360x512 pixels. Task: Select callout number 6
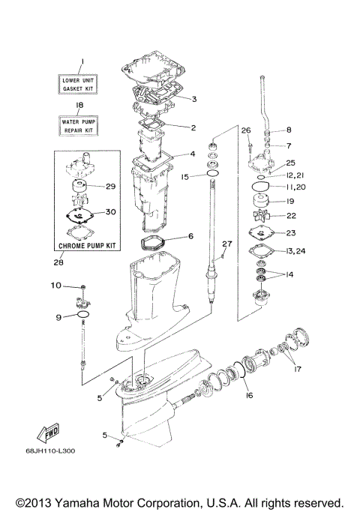tap(190, 236)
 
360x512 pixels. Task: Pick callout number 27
tap(227, 244)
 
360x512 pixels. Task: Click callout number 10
tap(56, 286)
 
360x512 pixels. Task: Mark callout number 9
tap(57, 317)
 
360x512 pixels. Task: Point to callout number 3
tap(193, 98)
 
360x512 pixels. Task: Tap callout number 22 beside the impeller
tap(290, 217)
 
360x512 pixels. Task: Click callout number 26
tap(244, 130)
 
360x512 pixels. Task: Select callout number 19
tap(290, 201)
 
